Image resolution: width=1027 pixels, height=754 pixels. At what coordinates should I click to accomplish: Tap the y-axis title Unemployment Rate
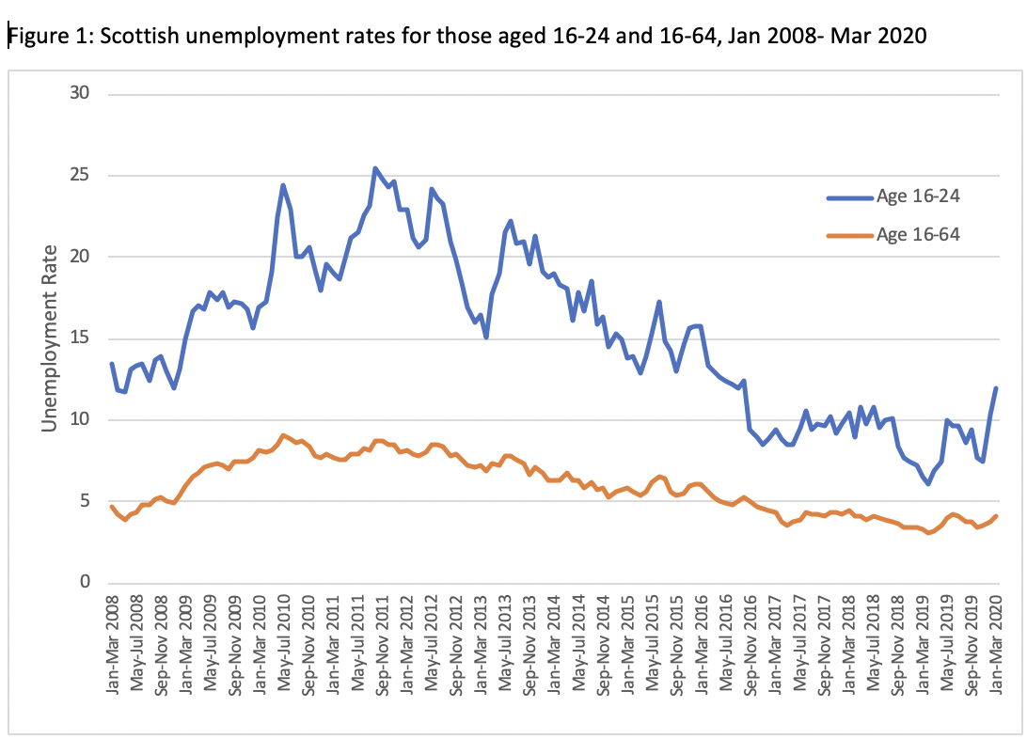click(x=49, y=338)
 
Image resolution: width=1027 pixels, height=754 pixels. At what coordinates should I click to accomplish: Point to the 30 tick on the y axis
click(x=79, y=93)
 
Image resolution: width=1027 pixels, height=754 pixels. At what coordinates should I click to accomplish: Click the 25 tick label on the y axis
click(x=79, y=175)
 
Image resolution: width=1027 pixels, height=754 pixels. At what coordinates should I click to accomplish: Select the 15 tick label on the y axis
click(x=79, y=338)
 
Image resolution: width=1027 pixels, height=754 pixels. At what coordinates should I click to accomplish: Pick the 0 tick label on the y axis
click(x=85, y=581)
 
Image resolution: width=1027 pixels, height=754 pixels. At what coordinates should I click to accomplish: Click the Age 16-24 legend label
click(x=918, y=196)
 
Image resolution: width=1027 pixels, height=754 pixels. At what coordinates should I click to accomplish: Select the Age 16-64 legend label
click(x=918, y=234)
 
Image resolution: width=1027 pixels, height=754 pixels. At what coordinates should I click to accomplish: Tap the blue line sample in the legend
click(x=850, y=197)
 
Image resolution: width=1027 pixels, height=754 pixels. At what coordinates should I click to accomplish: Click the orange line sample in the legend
click(x=850, y=235)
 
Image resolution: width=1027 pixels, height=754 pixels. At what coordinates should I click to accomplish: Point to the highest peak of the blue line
click(x=374, y=168)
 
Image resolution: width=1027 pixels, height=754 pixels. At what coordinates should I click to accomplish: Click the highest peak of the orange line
click(x=282, y=434)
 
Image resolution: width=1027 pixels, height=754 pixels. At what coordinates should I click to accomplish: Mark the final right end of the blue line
click(x=996, y=388)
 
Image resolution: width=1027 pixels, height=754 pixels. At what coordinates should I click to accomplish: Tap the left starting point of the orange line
click(x=111, y=506)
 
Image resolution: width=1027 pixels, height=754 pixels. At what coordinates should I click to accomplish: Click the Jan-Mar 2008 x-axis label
click(x=113, y=644)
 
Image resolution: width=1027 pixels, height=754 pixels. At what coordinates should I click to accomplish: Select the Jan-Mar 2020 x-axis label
click(x=996, y=644)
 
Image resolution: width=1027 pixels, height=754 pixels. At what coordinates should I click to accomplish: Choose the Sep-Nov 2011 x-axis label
click(x=382, y=645)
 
